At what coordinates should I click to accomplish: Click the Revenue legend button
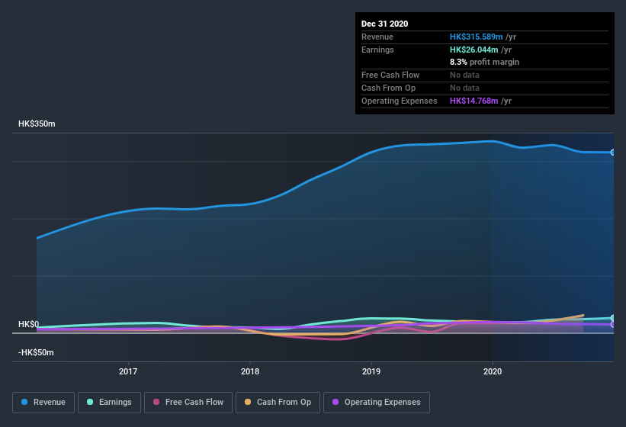[x=44, y=402]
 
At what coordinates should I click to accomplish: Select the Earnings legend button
[x=109, y=402]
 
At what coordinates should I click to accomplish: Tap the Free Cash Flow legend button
[x=188, y=402]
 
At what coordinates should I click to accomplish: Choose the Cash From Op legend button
[x=278, y=402]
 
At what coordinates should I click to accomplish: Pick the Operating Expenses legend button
[x=376, y=402]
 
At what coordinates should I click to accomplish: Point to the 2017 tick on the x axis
[x=128, y=372]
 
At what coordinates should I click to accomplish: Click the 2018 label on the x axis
[x=249, y=372]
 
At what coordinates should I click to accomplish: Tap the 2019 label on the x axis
[x=371, y=372]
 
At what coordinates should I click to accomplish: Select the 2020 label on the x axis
[x=493, y=372]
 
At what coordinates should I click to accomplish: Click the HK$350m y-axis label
[x=37, y=124]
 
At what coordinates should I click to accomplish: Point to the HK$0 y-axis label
[x=28, y=324]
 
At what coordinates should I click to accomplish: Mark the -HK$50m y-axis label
[x=37, y=353]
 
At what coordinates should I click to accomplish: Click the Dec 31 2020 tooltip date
[x=385, y=24]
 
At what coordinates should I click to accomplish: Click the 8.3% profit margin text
[x=484, y=62]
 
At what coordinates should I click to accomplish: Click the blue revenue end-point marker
[x=613, y=152]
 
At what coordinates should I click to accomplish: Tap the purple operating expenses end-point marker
[x=613, y=325]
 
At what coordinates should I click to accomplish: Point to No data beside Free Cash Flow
[x=465, y=75]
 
